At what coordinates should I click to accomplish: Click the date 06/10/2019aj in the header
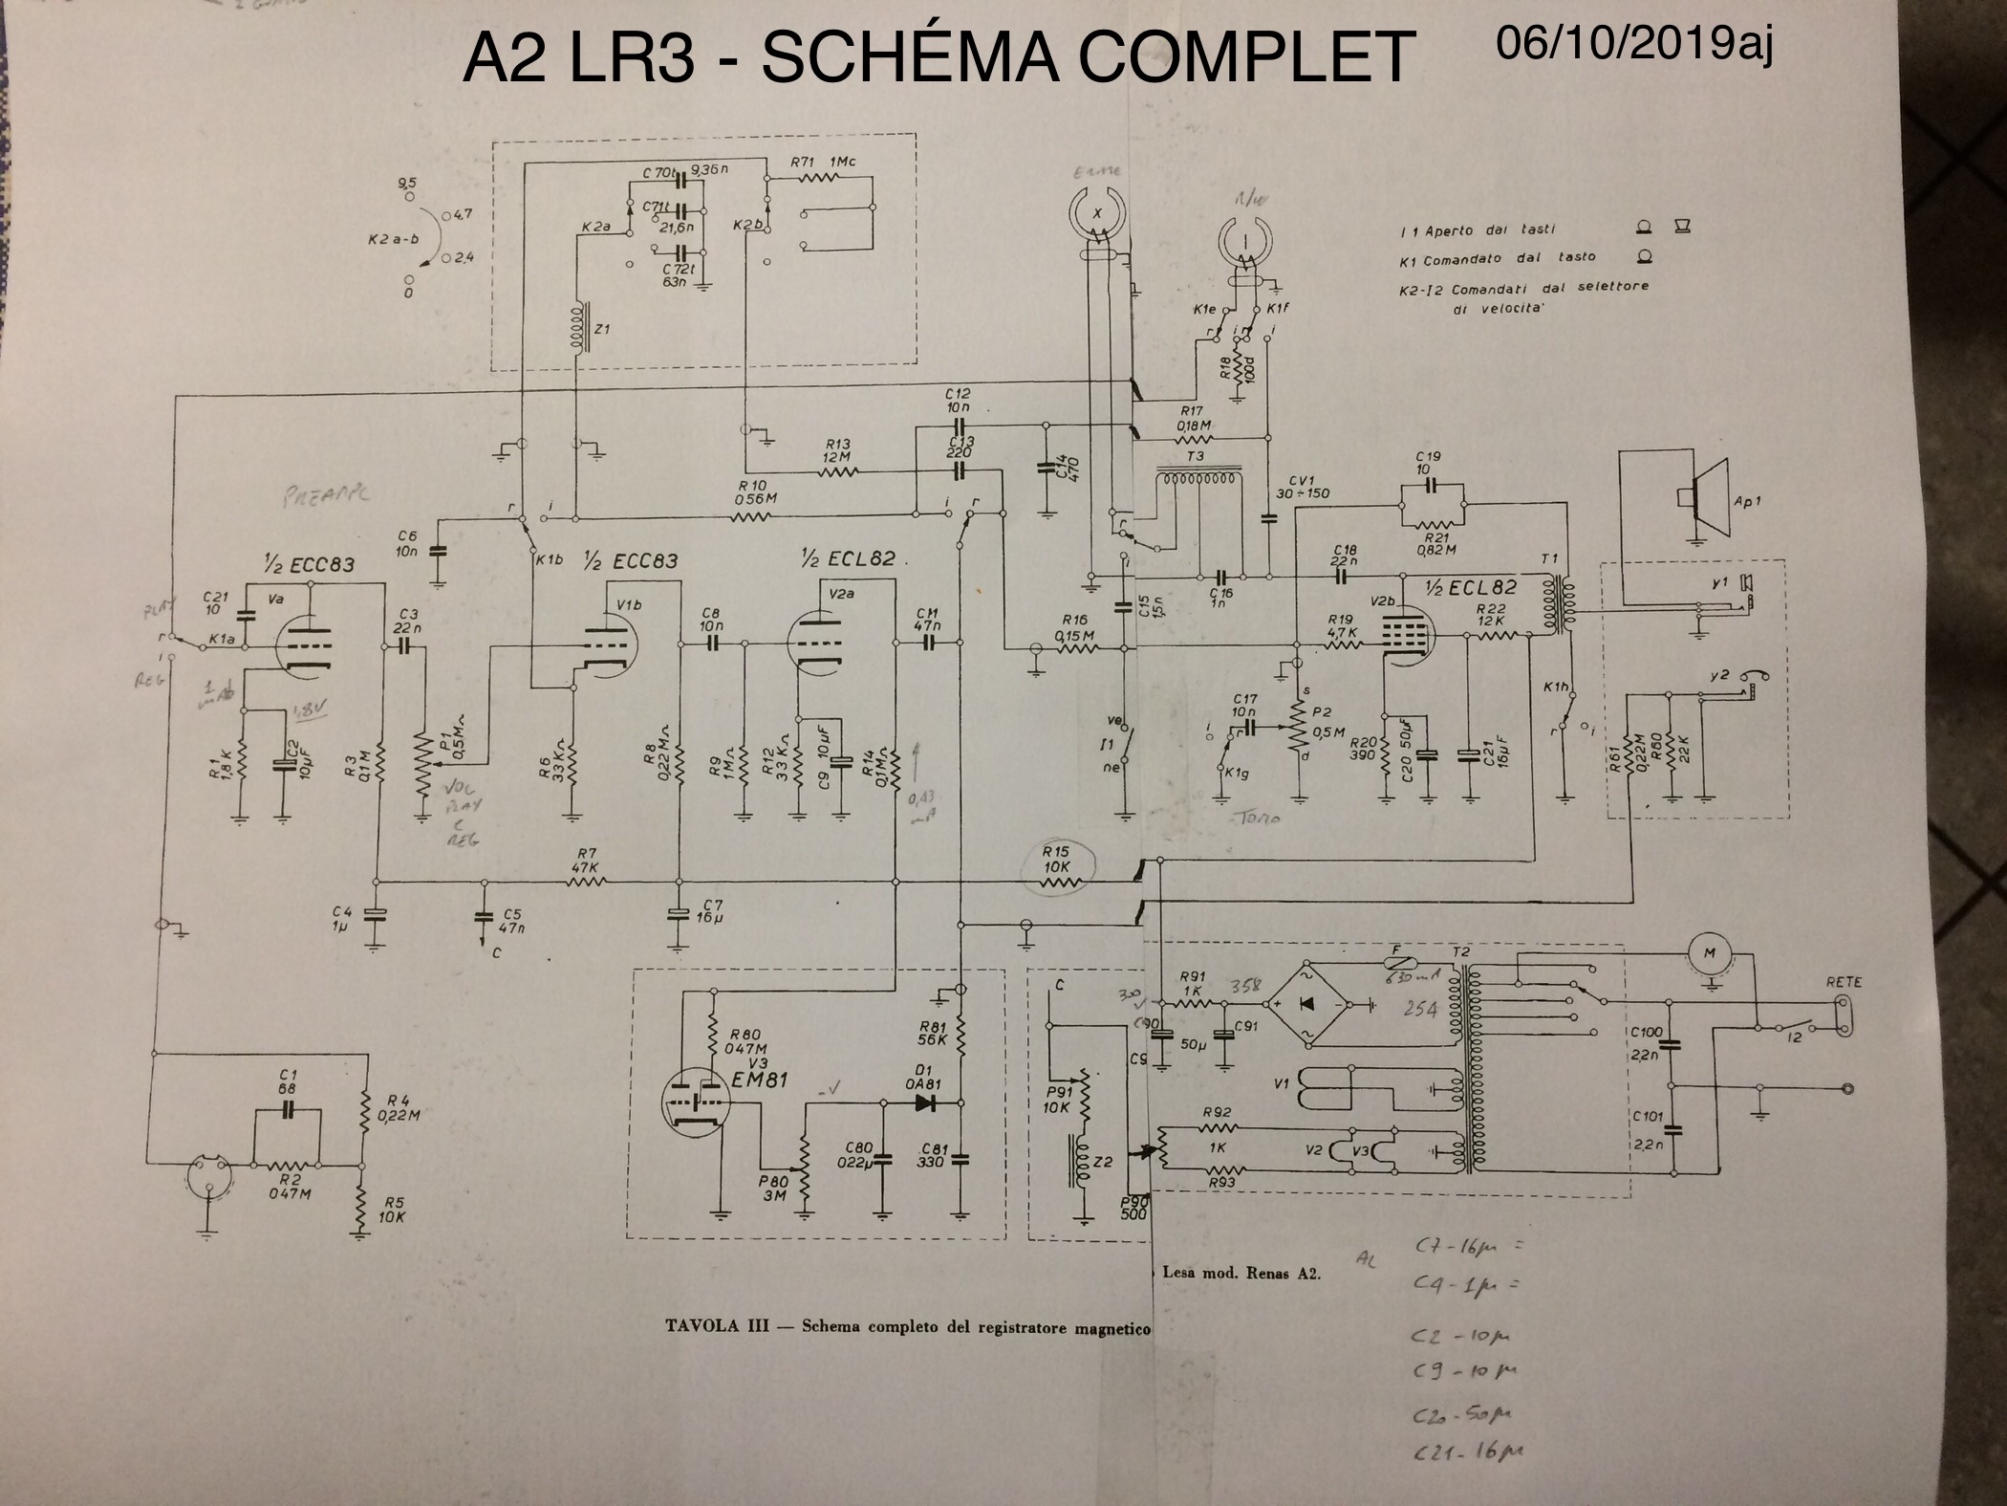[1634, 43]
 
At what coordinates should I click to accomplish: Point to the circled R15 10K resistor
[1059, 869]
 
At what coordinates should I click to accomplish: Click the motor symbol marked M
[1714, 952]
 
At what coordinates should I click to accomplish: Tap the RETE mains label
[1844, 982]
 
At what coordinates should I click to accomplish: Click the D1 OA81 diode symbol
[924, 1102]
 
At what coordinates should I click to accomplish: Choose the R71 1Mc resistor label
[823, 162]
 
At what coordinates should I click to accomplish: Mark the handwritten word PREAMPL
[326, 494]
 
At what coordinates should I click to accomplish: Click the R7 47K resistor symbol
[586, 882]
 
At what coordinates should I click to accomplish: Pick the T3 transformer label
[1196, 456]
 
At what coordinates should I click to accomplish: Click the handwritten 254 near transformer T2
[1419, 1009]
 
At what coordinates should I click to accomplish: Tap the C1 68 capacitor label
[286, 1081]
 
